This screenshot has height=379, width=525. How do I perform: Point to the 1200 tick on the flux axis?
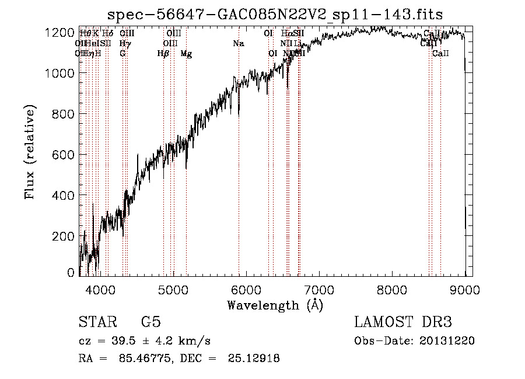click(60, 33)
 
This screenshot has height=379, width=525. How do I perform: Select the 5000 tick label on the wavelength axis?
click(173, 289)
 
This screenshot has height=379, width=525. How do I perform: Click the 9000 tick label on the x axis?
click(465, 289)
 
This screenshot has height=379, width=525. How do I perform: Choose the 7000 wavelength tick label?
click(319, 289)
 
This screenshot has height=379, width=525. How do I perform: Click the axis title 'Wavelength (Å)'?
click(275, 305)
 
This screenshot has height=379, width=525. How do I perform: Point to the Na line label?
click(238, 43)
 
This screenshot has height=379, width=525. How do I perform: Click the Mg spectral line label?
click(186, 54)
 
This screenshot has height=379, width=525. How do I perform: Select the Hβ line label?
click(163, 54)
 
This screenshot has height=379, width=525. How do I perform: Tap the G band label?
click(123, 54)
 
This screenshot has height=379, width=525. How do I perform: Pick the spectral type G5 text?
click(150, 323)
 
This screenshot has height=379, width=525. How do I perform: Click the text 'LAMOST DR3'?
click(402, 323)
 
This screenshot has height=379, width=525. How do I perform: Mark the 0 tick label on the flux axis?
click(71, 273)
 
